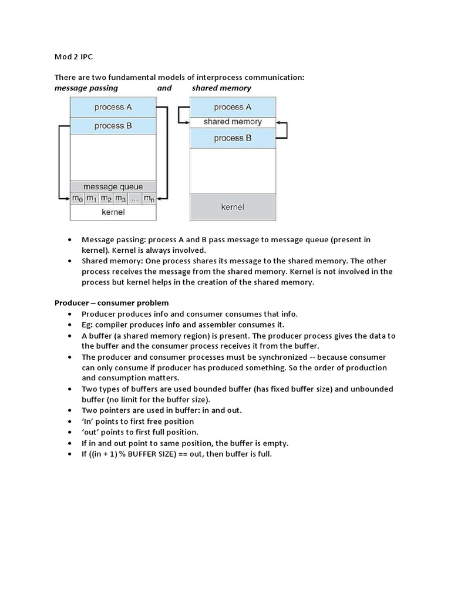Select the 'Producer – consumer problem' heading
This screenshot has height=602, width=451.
[x=112, y=303]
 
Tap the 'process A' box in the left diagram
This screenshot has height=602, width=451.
[x=113, y=107]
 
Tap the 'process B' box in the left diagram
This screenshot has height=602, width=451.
[x=113, y=126]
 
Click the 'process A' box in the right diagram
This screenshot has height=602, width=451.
[x=233, y=107]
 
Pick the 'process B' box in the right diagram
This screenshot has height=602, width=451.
[x=233, y=138]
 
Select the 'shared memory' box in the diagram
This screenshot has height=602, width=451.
[x=233, y=122]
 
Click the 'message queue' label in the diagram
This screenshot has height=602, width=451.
[x=113, y=187]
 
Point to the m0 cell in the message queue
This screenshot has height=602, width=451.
[x=78, y=199]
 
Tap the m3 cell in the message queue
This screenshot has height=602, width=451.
[x=120, y=199]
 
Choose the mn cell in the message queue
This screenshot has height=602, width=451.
[x=149, y=199]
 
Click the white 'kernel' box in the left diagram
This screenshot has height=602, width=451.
[x=113, y=212]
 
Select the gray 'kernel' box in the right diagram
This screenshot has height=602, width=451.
[x=233, y=207]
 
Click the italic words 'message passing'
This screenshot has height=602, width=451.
[x=86, y=88]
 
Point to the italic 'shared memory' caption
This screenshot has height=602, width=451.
[x=221, y=88]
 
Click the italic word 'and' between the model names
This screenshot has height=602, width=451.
[x=164, y=88]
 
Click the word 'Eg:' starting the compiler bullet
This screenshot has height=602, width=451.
[x=89, y=325]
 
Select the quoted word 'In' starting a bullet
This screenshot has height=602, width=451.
[x=88, y=422]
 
